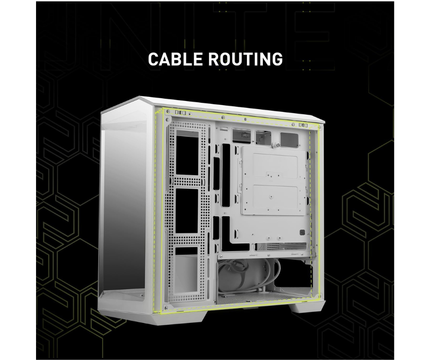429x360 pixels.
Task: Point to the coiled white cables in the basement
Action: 237,276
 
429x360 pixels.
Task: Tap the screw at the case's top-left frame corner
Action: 168,112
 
